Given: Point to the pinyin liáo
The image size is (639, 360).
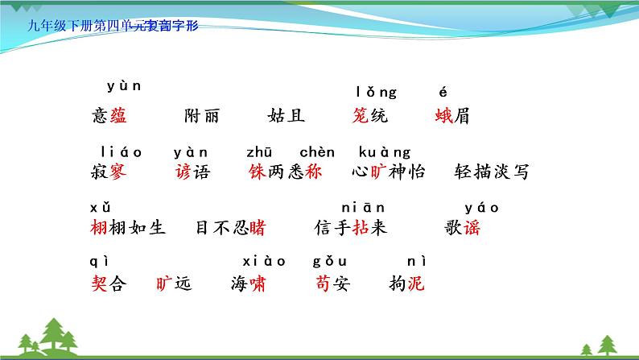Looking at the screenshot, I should (122, 151).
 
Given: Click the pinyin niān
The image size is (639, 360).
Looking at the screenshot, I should (364, 208).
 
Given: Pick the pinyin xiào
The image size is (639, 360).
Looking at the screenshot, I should (264, 260).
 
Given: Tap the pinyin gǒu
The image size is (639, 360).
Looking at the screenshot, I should (330, 260).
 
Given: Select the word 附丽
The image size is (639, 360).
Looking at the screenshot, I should (201, 116).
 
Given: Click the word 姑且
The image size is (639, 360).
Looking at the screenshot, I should (287, 116).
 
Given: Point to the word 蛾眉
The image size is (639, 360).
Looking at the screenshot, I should (452, 116).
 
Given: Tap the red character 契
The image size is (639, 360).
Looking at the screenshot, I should (101, 283).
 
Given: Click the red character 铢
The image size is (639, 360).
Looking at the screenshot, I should (258, 172).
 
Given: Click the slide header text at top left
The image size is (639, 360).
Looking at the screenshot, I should (113, 25).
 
